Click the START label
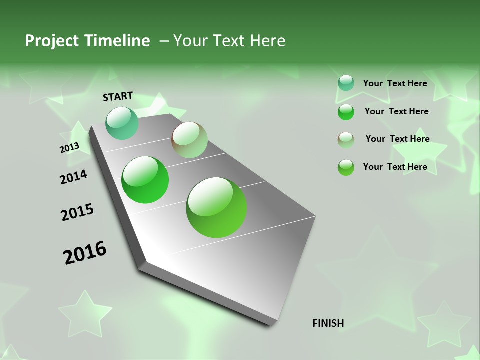[x=118, y=96]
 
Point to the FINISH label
[x=328, y=323]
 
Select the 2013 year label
[x=69, y=148]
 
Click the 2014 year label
[x=74, y=177]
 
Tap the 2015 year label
[x=77, y=212]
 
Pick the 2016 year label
[x=85, y=252]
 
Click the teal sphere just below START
[x=122, y=123]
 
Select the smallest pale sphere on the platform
[x=189, y=140]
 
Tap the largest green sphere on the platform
[x=216, y=207]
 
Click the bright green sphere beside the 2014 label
[x=145, y=180]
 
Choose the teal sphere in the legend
[x=346, y=83]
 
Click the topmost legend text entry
[x=395, y=83]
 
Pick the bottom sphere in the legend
[x=346, y=167]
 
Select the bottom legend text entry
[x=395, y=167]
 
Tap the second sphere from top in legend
[x=346, y=111]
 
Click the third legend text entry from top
[x=397, y=139]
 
